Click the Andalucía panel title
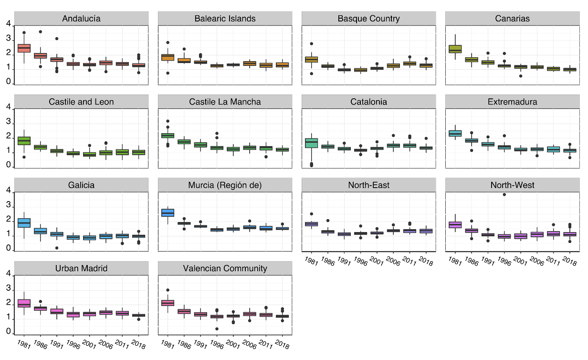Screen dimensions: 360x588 point(81,19)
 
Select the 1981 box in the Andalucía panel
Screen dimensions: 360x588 point(24,48)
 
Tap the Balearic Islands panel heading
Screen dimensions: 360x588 point(225,19)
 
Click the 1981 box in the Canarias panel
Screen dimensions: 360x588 point(455,49)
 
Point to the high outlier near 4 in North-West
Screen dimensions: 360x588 point(504,195)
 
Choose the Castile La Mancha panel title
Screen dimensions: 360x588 point(225,102)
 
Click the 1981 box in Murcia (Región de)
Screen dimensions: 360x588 point(168,212)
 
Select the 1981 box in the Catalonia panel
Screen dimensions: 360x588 point(311,143)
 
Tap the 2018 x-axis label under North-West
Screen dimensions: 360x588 point(569,262)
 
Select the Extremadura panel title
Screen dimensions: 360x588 point(513,102)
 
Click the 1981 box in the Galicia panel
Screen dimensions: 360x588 point(24,222)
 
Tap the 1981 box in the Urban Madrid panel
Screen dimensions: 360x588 point(24,303)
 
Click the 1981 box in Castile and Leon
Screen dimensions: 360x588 point(24,140)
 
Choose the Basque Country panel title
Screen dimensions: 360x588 point(368,19)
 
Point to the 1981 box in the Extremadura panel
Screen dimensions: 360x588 point(455,133)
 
